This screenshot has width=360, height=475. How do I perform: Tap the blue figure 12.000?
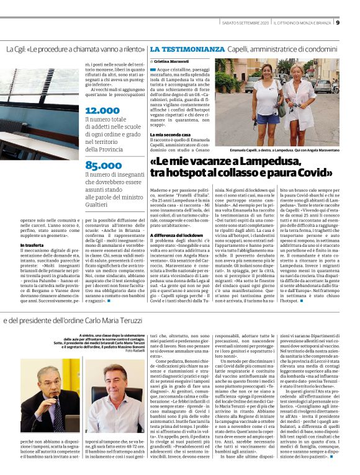click(102, 110)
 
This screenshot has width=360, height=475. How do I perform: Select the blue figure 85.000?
click(104, 165)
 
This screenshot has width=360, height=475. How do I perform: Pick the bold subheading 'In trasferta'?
click(32, 246)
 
